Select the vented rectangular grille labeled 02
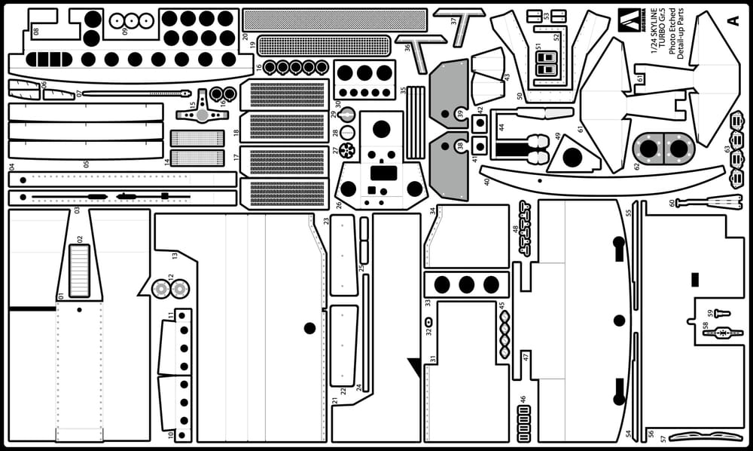pyautogui.click(x=79, y=270)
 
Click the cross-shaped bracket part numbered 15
pyautogui.click(x=201, y=115)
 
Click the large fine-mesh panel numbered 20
pyautogui.click(x=334, y=19)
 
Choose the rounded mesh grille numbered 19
pyautogui.click(x=325, y=45)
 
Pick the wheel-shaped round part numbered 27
pyautogui.click(x=346, y=150)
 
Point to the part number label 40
pyautogui.click(x=486, y=181)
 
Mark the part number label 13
pyautogui.click(x=175, y=256)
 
